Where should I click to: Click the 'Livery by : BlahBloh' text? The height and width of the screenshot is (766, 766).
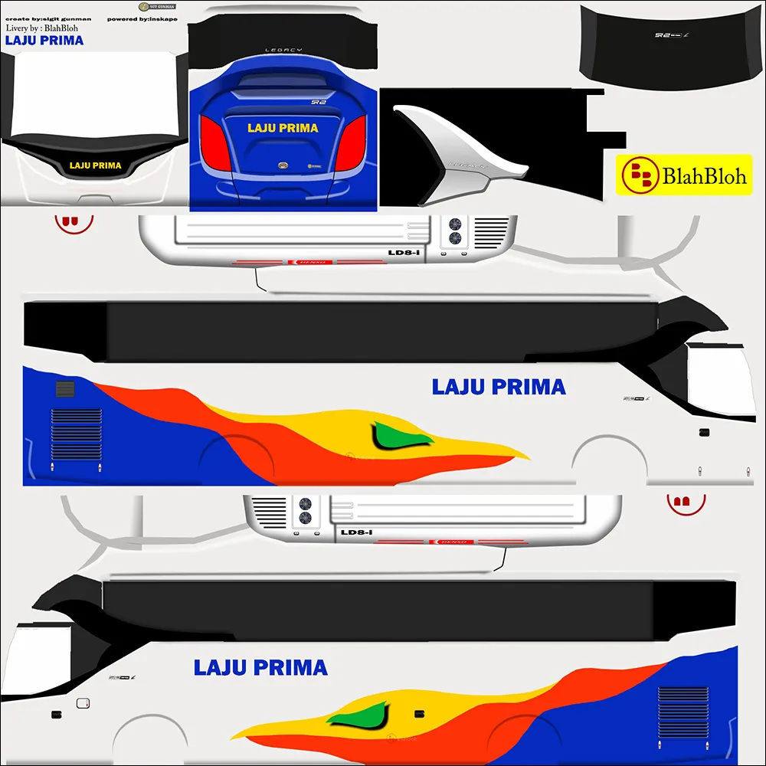tap(44, 28)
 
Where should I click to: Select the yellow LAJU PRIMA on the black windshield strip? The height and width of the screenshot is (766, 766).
tap(96, 165)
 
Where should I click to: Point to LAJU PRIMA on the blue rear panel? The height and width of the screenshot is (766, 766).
tap(283, 128)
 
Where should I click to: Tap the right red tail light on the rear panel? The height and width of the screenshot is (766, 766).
tap(352, 143)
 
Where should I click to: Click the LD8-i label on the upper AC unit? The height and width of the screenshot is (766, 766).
tap(404, 250)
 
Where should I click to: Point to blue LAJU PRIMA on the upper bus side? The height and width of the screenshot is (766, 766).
tap(499, 387)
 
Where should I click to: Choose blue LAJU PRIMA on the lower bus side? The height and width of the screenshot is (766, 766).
tap(260, 667)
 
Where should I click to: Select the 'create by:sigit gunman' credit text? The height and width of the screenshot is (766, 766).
tap(47, 18)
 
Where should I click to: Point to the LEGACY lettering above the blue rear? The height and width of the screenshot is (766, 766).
tap(283, 50)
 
